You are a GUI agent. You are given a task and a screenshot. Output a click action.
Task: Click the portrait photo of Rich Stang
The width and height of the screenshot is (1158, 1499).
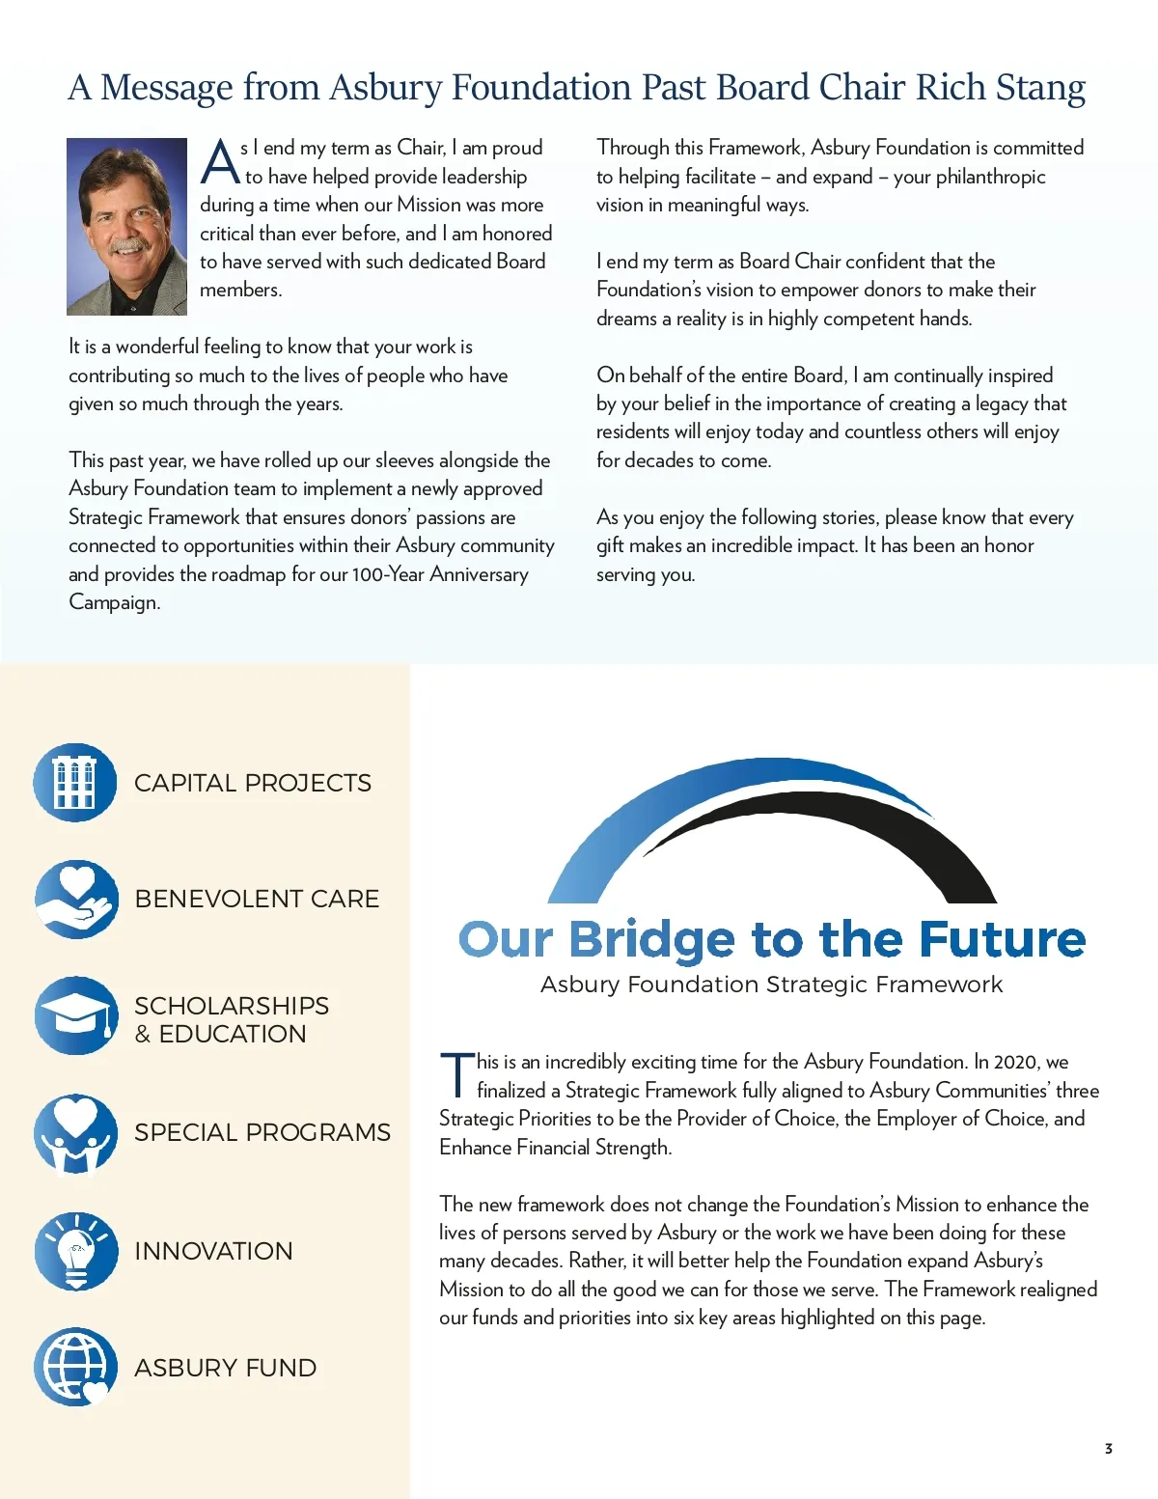[126, 227]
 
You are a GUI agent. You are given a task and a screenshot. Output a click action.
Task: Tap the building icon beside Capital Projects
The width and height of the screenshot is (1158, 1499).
[75, 783]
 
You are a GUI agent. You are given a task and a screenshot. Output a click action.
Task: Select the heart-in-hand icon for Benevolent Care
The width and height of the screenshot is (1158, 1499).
[76, 900]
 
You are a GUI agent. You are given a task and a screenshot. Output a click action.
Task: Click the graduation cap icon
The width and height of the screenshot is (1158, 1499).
[76, 1015]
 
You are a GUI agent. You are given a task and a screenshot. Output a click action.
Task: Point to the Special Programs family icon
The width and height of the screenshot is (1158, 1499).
[76, 1133]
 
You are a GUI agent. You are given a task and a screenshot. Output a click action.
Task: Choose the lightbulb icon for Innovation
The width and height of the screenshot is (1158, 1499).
[76, 1251]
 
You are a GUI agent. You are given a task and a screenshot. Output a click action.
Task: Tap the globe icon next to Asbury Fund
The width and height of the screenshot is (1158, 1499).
[76, 1367]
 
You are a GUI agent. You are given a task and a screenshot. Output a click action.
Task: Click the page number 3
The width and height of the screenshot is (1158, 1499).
[1108, 1449]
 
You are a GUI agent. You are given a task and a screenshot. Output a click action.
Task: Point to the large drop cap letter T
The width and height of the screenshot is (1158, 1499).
[456, 1075]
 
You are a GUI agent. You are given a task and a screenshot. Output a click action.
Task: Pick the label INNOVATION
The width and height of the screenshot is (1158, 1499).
[213, 1251]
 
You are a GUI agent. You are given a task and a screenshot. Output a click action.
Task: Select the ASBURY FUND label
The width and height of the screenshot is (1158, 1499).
[225, 1368]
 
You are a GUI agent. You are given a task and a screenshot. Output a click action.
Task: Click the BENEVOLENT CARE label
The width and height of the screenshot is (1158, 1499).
[257, 899]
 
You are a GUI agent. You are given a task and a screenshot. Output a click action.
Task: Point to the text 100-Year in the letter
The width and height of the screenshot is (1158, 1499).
[387, 574]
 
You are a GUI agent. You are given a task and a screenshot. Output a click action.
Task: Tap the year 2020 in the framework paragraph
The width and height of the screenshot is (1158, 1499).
[1015, 1062]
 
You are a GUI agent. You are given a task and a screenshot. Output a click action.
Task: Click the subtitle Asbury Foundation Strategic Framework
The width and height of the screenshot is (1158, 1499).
[771, 985]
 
